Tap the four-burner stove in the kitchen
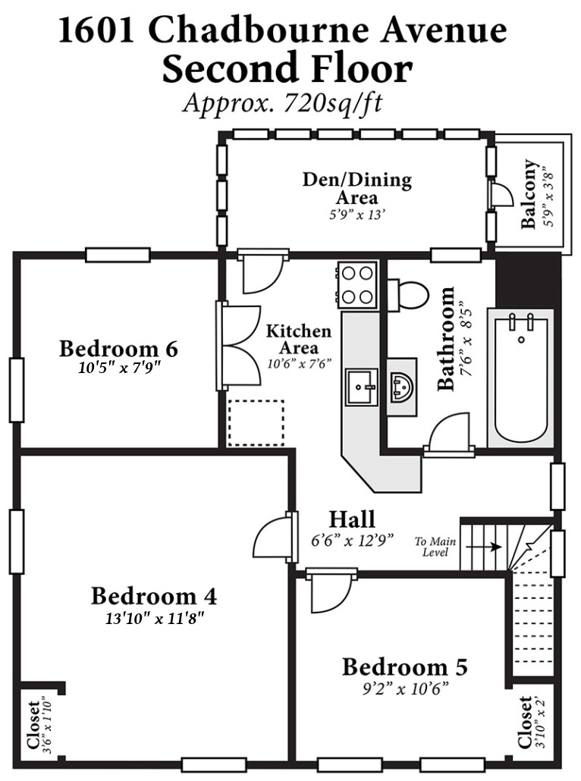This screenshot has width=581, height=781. coord(357,285)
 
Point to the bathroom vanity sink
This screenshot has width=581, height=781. coord(401,387)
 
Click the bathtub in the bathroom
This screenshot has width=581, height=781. coord(521,378)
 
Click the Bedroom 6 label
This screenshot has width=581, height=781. coord(118,349)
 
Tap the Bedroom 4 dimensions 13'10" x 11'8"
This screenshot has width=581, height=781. coord(155,619)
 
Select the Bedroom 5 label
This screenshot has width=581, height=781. coord(404,667)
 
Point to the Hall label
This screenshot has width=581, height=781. coord(352,519)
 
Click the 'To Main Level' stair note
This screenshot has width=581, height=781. coord(435,547)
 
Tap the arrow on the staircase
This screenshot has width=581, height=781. coord(483,547)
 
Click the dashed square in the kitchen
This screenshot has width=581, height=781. coord(256,423)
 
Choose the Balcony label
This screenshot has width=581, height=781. coord(529,194)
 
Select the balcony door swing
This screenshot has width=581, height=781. coord(502,194)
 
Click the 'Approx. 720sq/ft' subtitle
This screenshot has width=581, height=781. coord(282,103)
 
